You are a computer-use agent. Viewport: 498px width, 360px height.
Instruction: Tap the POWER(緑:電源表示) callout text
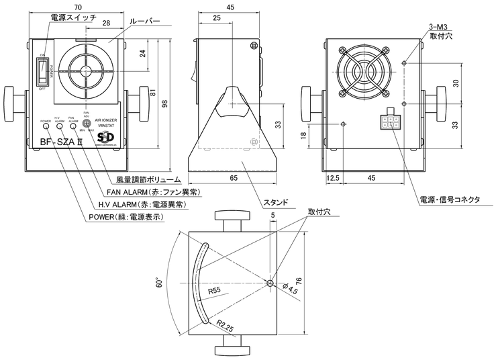point(126,216)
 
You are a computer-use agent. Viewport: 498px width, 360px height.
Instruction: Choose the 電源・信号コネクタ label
point(449,199)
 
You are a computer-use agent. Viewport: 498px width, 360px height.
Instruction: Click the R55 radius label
point(215,291)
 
